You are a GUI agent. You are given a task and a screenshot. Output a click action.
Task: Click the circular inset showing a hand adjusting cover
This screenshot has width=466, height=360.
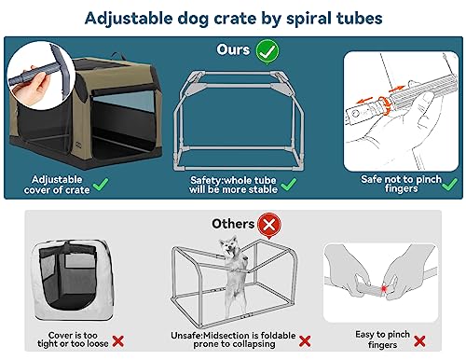pos(34,78)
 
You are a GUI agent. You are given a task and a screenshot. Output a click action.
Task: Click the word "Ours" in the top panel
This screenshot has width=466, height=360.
pos(232,49)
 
